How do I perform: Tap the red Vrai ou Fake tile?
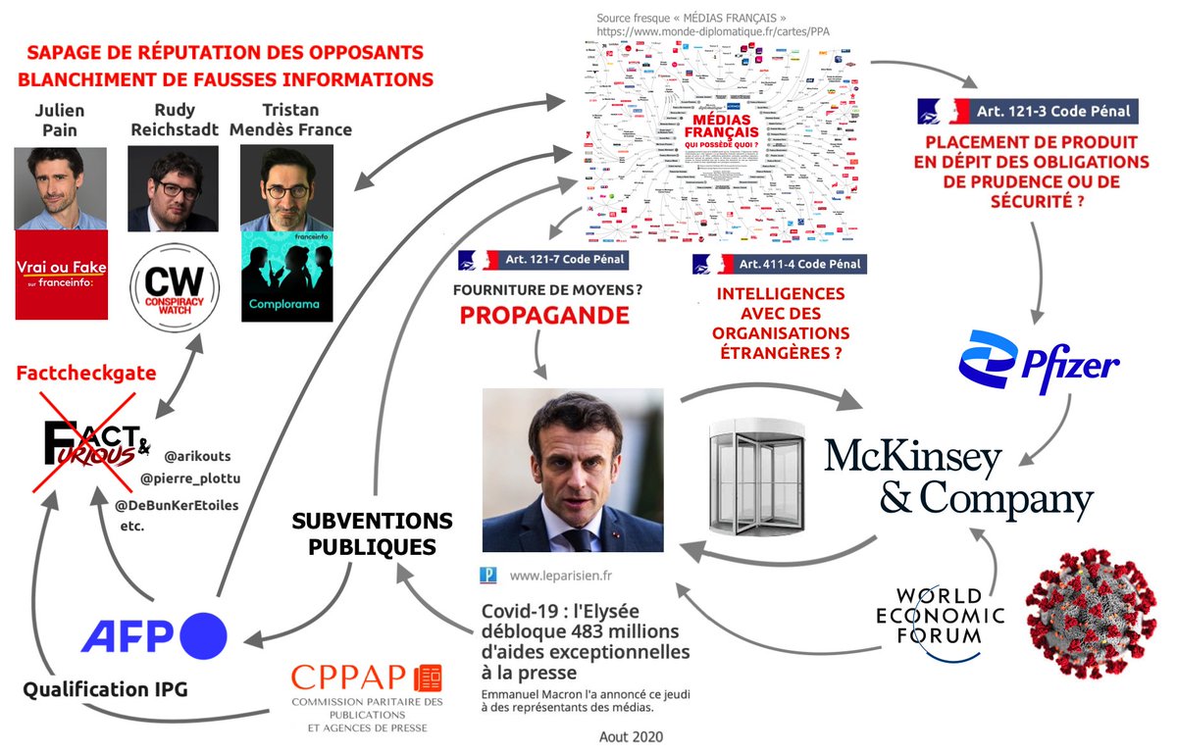[61, 275]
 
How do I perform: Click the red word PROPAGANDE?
[544, 315]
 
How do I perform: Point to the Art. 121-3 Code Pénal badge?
[1029, 112]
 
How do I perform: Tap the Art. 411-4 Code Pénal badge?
[780, 264]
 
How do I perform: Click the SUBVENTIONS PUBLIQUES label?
[373, 533]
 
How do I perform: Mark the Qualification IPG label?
[106, 689]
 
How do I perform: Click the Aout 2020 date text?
[631, 735]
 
